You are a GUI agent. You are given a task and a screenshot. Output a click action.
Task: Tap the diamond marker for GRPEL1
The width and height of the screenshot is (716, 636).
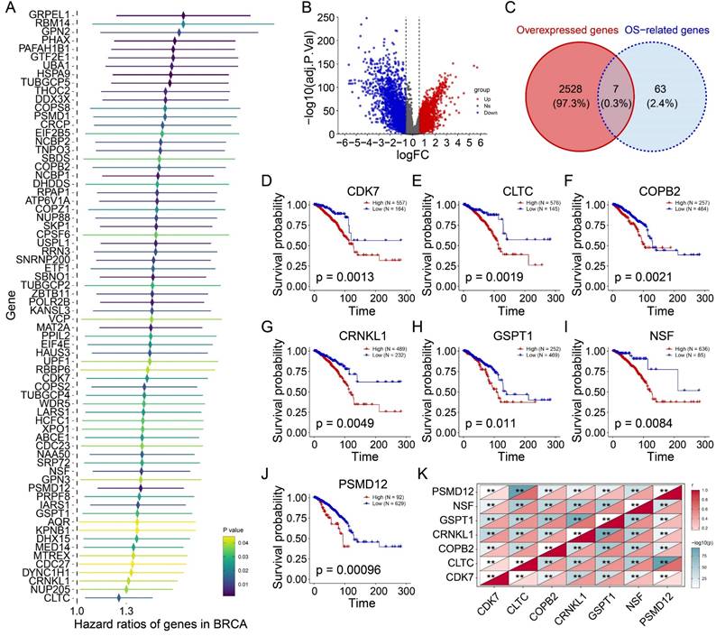183,15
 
